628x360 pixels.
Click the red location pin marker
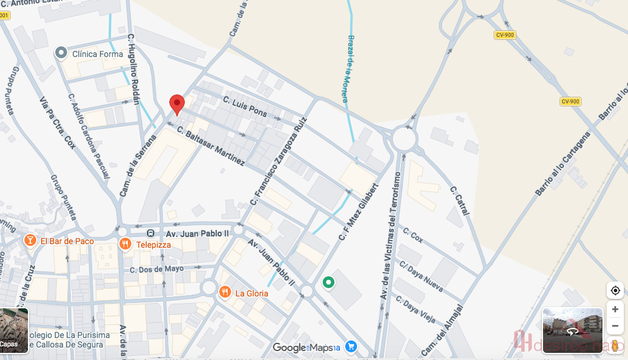pyautogui.click(x=176, y=104)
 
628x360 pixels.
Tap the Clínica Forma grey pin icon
pyautogui.click(x=61, y=53)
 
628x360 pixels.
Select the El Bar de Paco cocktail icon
pyautogui.click(x=29, y=241)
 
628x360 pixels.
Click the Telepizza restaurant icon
pyautogui.click(x=125, y=244)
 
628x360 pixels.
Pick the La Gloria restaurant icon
pyautogui.click(x=225, y=292)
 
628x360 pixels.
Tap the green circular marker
pyautogui.click(x=328, y=283)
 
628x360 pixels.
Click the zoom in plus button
pyautogui.click(x=615, y=309)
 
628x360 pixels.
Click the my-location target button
pyautogui.click(x=615, y=290)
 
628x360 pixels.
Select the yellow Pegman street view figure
pyautogui.click(x=615, y=345)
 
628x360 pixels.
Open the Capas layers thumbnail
pyautogui.click(x=14, y=330)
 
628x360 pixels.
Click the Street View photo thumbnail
pyautogui.click(x=572, y=330)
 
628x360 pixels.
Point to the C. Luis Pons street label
pyautogui.click(x=245, y=107)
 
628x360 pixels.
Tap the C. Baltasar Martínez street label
pyautogui.click(x=210, y=147)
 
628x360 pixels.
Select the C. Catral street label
pyautogui.click(x=460, y=201)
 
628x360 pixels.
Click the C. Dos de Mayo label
pyautogui.click(x=157, y=269)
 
